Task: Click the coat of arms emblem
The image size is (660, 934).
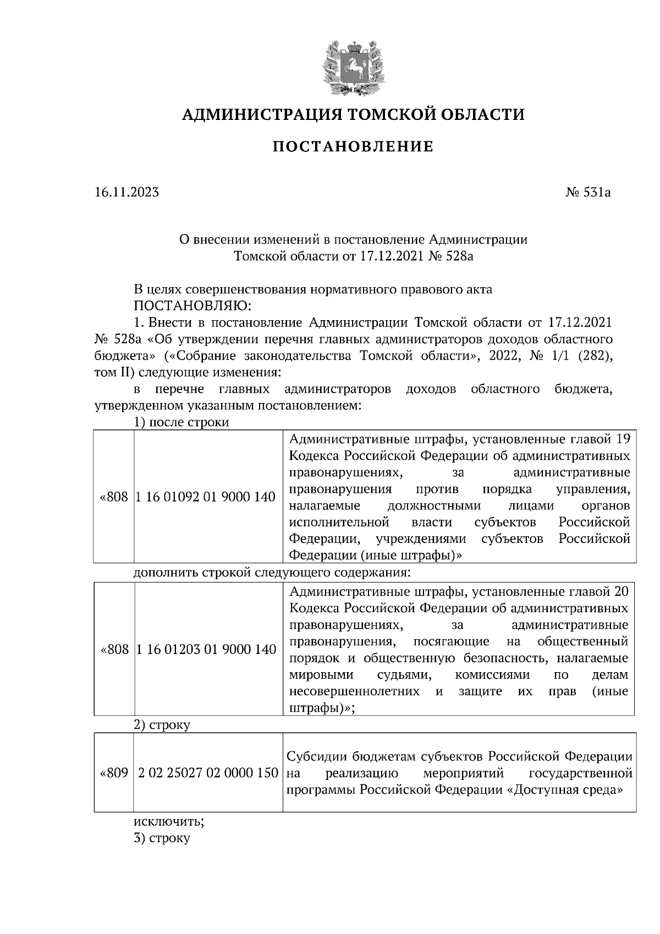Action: point(353,66)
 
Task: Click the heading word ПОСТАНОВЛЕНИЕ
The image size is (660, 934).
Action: point(354,147)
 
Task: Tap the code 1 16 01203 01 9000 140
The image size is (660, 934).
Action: point(205,650)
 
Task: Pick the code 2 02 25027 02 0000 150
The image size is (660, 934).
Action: point(208,773)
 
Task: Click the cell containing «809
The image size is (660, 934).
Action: point(114,773)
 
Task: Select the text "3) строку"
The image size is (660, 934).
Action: point(162,838)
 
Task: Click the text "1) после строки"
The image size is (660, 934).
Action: point(181,422)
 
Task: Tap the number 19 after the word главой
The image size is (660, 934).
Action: point(622,439)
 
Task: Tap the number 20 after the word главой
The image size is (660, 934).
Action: point(620,592)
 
